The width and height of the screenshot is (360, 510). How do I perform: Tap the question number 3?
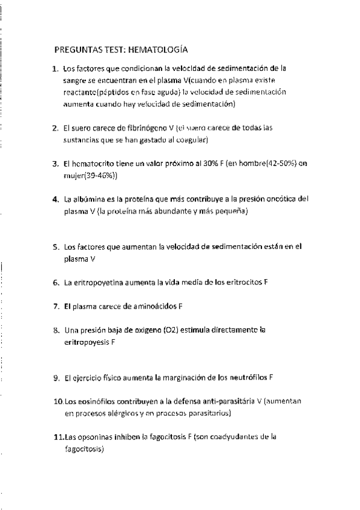[55, 164]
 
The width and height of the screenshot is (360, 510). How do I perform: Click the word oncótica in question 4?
[282, 199]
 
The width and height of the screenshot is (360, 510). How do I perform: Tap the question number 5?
[55, 247]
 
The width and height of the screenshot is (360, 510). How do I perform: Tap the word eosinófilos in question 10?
[94, 401]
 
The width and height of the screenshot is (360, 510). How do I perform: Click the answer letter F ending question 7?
[181, 306]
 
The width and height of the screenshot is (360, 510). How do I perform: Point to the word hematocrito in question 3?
[94, 164]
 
